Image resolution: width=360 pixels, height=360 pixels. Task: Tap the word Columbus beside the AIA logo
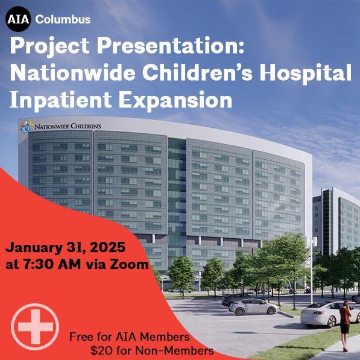[x=63, y=19]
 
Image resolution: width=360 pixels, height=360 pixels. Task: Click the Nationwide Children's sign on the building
[x=67, y=127]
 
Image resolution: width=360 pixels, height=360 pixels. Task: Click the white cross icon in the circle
[x=35, y=328]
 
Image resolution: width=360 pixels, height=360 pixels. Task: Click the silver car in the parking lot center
[x=253, y=307]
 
